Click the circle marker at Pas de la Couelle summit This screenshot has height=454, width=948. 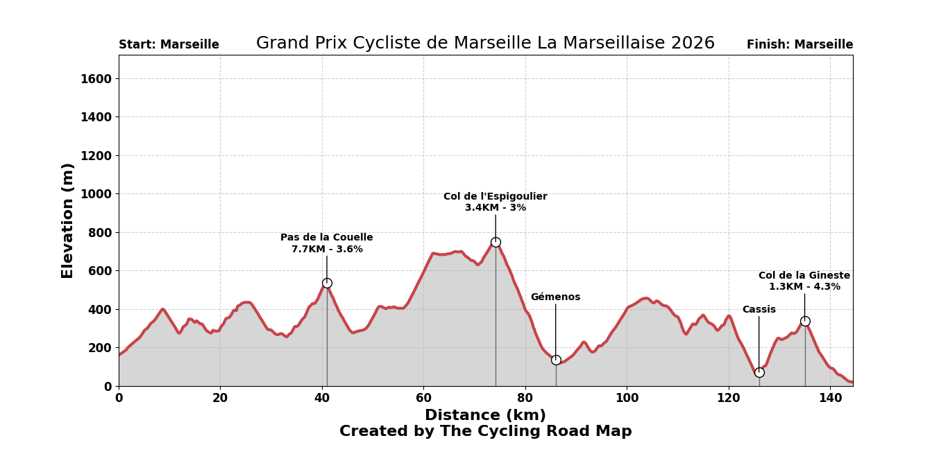tap(327, 283)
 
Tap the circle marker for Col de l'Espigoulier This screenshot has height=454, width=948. tap(496, 242)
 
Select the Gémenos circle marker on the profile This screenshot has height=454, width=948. tap(556, 360)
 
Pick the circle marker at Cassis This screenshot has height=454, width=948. tap(759, 372)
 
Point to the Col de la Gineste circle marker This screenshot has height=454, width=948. tap(805, 321)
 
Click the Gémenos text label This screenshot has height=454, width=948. tap(555, 297)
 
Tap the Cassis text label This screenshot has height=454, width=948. tap(759, 310)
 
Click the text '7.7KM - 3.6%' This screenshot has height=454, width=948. tap(327, 250)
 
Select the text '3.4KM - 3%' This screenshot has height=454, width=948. tap(496, 208)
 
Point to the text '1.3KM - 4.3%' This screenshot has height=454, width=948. tap(804, 287)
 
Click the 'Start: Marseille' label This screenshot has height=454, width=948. tap(169, 45)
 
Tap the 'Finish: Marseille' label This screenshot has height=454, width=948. tap(799, 45)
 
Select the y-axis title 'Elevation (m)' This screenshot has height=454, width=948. tap(68, 220)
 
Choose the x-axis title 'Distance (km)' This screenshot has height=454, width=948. tap(485, 416)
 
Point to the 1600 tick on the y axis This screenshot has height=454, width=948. tap(96, 78)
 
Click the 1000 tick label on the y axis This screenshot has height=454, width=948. tap(96, 194)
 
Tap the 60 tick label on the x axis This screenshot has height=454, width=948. tap(423, 399)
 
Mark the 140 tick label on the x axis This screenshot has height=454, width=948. tap(830, 399)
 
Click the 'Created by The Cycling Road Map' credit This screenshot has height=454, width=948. tap(485, 432)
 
